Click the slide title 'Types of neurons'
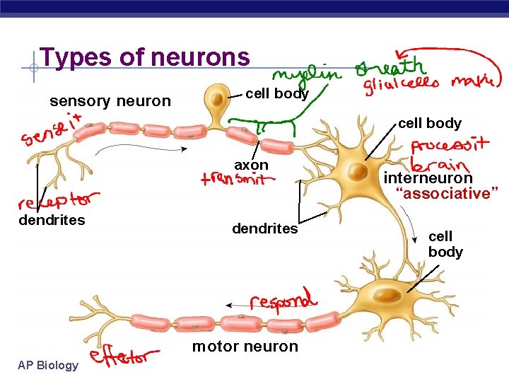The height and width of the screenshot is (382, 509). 145,57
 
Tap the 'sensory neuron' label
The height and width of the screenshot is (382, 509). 110,101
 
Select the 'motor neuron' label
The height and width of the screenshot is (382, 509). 245,346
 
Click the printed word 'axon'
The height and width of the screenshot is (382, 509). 252,165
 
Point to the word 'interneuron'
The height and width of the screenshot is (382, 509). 428,178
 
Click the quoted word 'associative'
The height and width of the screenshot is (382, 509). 447,193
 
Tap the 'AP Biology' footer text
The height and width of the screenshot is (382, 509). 49,365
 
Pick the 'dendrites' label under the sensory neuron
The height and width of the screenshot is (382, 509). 52,220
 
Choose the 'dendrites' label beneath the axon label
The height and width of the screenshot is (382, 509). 265,229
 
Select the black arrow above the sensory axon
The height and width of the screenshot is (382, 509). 141,148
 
